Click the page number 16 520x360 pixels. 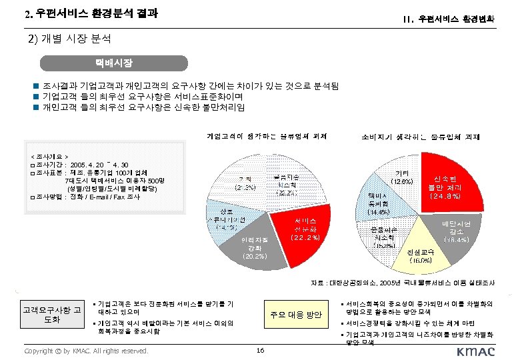click(x=260, y=351)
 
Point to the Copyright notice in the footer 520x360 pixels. click(x=85, y=351)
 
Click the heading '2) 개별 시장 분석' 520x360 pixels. click(x=69, y=39)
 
